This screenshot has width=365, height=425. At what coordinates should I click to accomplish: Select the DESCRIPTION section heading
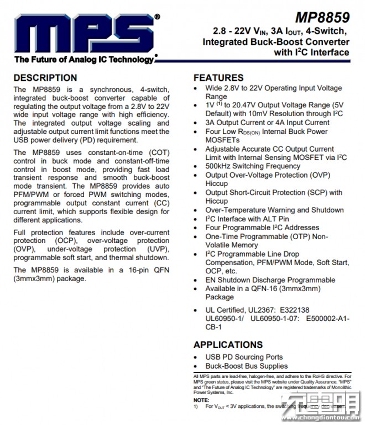pos(48,77)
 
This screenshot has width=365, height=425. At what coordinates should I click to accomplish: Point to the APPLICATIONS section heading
pos(228,344)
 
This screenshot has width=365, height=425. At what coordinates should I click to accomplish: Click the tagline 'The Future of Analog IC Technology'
pos(85,60)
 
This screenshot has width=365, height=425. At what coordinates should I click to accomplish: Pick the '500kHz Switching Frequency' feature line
pos(253,166)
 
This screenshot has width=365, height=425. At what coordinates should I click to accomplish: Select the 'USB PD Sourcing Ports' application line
pos(244,357)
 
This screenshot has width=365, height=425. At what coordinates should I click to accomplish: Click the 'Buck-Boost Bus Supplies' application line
pos(247,366)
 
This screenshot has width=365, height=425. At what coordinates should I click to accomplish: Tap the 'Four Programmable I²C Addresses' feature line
pos(262,227)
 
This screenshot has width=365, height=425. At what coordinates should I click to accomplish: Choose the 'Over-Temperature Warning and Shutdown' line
pos(274,210)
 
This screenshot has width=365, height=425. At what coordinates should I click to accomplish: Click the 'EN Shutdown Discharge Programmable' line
pos(270,280)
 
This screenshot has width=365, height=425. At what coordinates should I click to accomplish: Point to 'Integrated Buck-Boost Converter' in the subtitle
pos(277,42)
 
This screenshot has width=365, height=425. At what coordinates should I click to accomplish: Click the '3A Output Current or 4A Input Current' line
pos(268,123)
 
